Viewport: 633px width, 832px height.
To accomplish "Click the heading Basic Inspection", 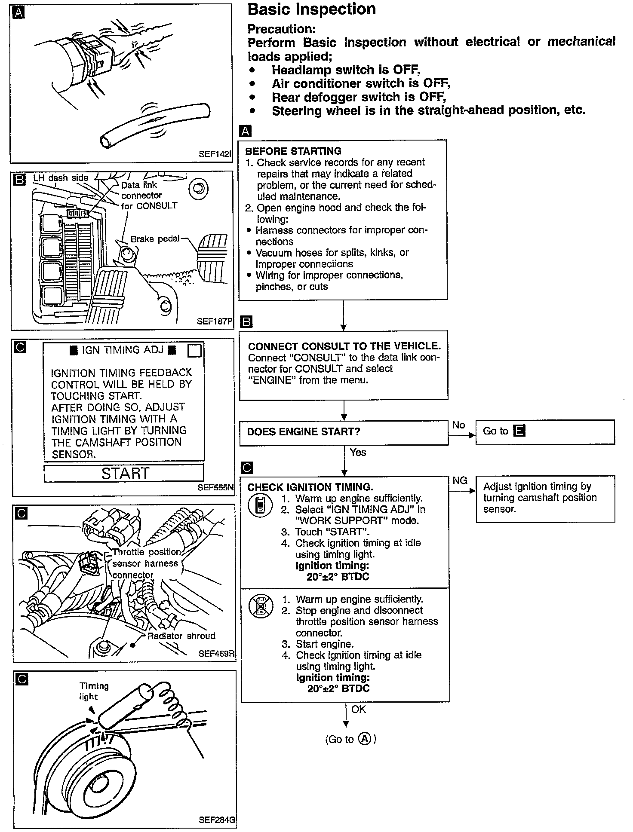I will click(x=312, y=9).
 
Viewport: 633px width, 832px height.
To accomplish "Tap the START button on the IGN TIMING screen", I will click(x=124, y=473).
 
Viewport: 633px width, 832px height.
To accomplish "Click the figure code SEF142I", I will click(x=215, y=154).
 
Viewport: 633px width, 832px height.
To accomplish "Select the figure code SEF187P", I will click(x=215, y=321).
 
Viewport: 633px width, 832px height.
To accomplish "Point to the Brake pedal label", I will click(x=155, y=239).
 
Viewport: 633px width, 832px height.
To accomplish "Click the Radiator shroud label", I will click(x=181, y=636).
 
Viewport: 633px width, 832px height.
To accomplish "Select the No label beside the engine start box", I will click(x=458, y=425).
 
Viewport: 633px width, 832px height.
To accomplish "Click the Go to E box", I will click(x=545, y=431).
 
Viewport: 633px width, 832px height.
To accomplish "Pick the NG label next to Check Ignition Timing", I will click(x=460, y=480).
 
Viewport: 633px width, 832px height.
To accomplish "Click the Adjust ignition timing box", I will click(x=545, y=498).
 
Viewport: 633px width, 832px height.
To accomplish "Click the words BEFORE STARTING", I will click(x=293, y=151).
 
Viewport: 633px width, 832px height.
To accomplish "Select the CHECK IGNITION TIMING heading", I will click(x=310, y=487).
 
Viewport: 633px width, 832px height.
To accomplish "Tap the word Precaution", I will click(x=282, y=29).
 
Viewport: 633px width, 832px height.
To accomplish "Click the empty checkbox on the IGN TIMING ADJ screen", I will click(x=194, y=351).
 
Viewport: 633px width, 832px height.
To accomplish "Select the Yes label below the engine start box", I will click(x=358, y=452).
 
